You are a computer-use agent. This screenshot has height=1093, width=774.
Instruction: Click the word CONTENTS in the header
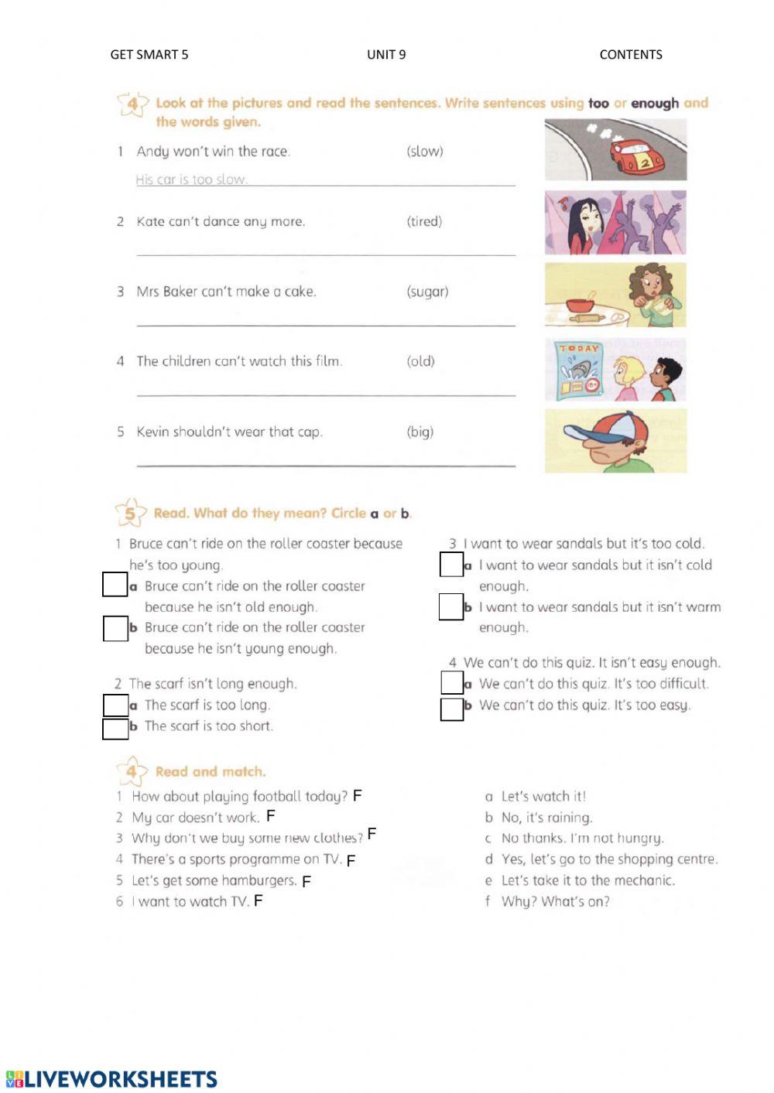click(x=631, y=54)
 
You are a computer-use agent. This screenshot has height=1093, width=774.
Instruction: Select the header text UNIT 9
click(x=386, y=54)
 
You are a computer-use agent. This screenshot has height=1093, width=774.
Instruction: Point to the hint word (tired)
click(x=424, y=221)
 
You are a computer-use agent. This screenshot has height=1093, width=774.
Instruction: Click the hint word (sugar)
click(x=427, y=292)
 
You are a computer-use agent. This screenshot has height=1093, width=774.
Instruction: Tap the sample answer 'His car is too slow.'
click(x=191, y=179)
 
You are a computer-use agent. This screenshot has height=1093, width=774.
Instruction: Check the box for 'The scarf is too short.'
click(x=115, y=728)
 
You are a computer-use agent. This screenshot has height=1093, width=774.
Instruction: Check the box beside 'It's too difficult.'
click(x=451, y=682)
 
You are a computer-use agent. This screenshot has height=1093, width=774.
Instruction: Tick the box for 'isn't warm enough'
click(x=450, y=606)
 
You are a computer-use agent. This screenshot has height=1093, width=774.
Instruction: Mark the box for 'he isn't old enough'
click(x=115, y=585)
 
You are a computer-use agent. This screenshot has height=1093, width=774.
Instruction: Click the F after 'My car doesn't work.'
click(x=270, y=816)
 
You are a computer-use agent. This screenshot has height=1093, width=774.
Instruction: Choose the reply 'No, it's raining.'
click(x=546, y=818)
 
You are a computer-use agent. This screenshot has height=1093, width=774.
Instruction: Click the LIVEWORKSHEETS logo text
click(x=121, y=1079)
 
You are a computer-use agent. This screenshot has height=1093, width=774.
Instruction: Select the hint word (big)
click(x=420, y=432)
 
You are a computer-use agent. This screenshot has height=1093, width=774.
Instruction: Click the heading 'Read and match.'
click(x=210, y=771)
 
